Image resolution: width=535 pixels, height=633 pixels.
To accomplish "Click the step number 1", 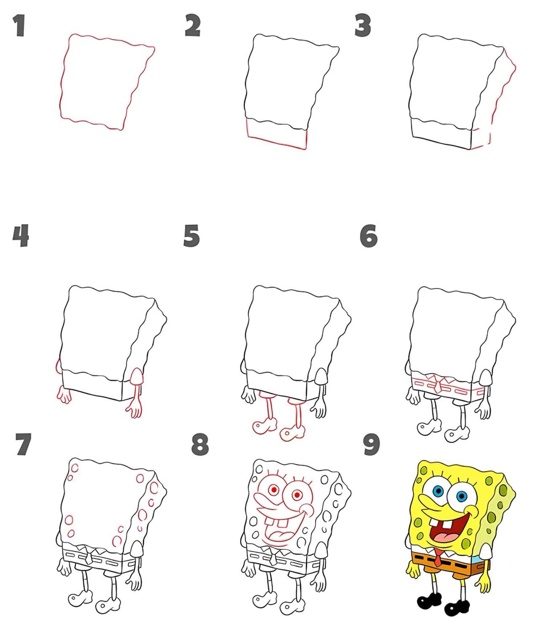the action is (19, 26).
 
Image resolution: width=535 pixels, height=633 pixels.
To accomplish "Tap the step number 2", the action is (193, 25).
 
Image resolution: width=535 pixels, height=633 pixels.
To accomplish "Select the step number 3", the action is (362, 25).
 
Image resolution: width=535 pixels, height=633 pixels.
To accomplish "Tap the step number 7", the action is (23, 444).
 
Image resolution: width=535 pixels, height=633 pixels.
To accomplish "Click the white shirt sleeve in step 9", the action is (485, 550).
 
